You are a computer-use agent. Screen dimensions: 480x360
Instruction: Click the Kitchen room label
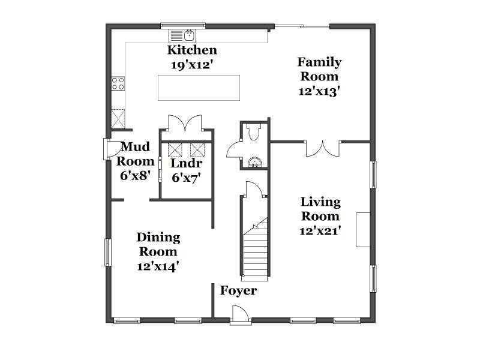click(x=192, y=50)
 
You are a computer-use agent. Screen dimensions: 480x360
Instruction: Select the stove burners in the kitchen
click(x=118, y=83)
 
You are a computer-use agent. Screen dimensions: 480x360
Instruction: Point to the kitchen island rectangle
click(x=199, y=88)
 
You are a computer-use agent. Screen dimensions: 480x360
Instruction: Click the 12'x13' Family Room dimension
click(x=320, y=91)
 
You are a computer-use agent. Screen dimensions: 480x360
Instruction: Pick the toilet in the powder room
click(x=253, y=131)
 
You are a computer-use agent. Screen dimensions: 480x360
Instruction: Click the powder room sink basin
click(x=254, y=162)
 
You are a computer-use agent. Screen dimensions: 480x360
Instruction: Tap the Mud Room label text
click(x=135, y=154)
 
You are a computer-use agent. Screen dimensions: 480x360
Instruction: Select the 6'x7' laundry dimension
click(x=186, y=177)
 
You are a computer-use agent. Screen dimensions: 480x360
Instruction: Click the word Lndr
click(x=186, y=163)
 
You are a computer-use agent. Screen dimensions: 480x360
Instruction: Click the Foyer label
click(x=238, y=290)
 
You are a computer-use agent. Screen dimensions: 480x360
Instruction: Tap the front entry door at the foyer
click(x=240, y=314)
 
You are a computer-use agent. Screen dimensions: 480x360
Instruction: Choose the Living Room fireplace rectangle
click(x=363, y=230)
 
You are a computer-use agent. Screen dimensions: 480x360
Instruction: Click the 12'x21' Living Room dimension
click(x=320, y=231)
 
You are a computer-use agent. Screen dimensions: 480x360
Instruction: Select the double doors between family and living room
click(x=323, y=148)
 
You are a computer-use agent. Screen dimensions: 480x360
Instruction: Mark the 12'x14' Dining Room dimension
click(x=158, y=266)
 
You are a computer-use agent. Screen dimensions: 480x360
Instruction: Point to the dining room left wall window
click(x=107, y=252)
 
